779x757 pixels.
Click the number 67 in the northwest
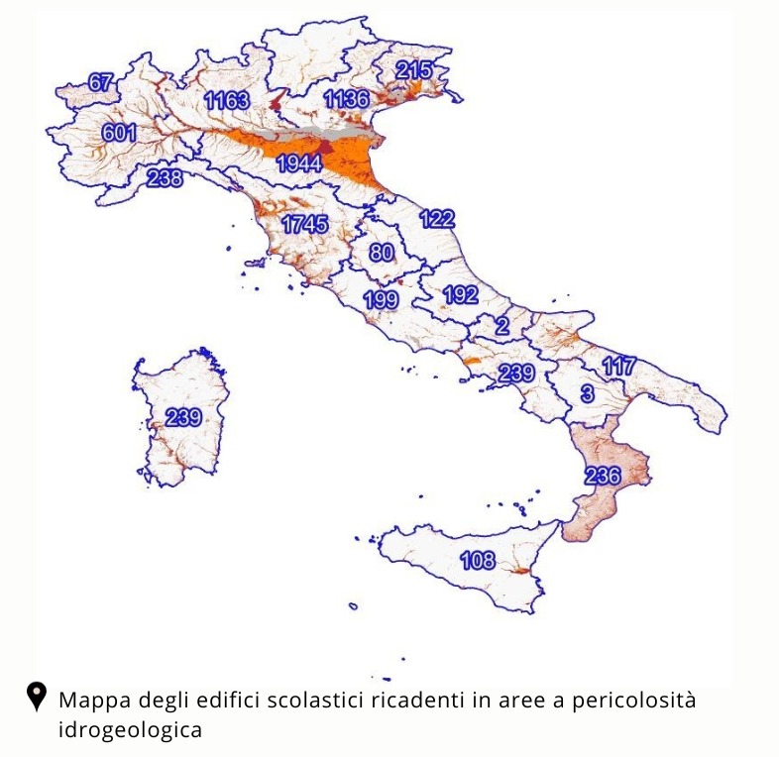(x=101, y=83)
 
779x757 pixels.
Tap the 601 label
(x=119, y=133)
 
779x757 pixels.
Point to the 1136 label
(x=346, y=99)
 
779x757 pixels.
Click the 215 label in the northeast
(x=414, y=70)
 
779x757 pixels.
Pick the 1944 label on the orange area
(x=299, y=163)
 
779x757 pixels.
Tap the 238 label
(x=165, y=179)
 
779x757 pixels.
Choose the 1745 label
(x=304, y=225)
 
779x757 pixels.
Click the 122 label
(x=437, y=220)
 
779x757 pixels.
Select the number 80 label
(x=382, y=253)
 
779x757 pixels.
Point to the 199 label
(x=382, y=299)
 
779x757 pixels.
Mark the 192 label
(x=461, y=295)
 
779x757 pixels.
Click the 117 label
(x=618, y=367)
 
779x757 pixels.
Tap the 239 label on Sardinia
(x=183, y=417)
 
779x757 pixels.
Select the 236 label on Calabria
(x=603, y=476)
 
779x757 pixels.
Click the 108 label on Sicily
(x=478, y=562)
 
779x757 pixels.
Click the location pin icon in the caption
(x=37, y=697)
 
